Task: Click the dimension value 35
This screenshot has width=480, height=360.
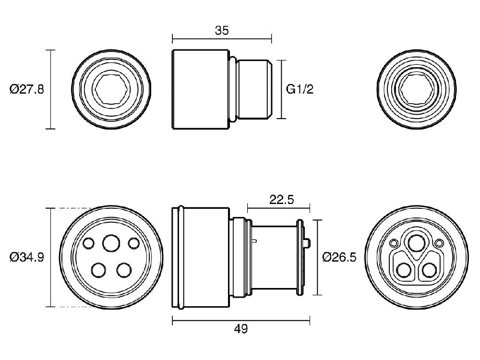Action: click(222, 31)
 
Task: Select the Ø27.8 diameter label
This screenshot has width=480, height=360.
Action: click(27, 89)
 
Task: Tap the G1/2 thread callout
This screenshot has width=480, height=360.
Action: click(300, 89)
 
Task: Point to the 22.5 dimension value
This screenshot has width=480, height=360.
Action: click(281, 200)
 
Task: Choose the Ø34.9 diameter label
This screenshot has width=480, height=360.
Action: click(27, 257)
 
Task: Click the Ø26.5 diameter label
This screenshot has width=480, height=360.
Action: click(339, 257)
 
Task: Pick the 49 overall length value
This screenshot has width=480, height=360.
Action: click(241, 329)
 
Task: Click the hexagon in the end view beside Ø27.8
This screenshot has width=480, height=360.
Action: click(111, 89)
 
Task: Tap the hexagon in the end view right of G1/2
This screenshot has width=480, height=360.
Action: click(416, 89)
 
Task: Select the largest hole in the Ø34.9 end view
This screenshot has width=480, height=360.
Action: click(111, 243)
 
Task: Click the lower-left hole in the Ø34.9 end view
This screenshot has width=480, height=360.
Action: click(98, 270)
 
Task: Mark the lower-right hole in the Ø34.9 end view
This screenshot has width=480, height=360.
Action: click(124, 270)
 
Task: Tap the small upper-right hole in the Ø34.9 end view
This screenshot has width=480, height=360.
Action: click(134, 243)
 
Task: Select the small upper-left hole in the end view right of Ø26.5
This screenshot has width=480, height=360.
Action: click(394, 243)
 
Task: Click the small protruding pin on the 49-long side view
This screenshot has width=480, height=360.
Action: click(307, 243)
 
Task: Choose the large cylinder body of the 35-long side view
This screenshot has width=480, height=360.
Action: click(200, 89)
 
